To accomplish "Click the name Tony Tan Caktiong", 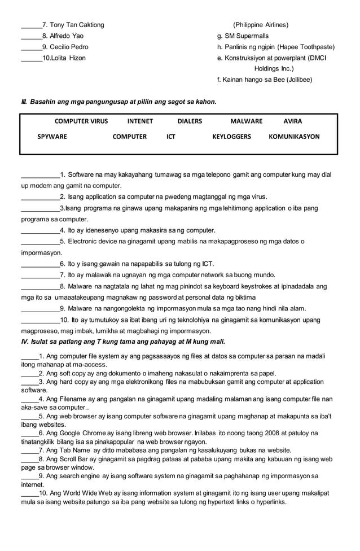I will coord(77,25).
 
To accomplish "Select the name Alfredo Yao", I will coord(67,36).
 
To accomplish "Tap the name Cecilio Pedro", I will coord(69,47).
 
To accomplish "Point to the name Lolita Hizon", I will coord(65,58).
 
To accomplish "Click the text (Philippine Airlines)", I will coord(261,25).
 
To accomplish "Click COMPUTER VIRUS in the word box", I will coord(81,121).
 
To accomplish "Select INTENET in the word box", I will coord(140,121).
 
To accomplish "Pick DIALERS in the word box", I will coord(190,121).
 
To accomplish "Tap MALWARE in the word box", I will coord(246,121).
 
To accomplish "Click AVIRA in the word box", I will coord(292,121).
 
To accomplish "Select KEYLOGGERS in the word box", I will coord(231,137).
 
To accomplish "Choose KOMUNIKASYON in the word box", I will coord(294,137).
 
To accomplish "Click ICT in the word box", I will coord(171,137).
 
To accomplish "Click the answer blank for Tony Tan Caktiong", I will coord(31,25).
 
